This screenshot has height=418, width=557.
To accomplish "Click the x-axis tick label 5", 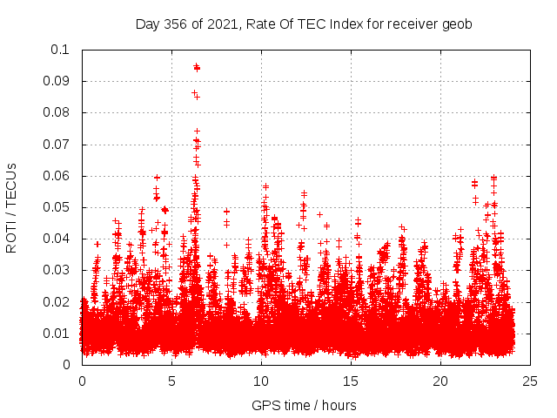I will (x=171, y=381).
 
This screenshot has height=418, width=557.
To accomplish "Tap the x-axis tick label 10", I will (x=261, y=381).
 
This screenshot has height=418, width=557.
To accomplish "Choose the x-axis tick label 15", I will (x=351, y=381).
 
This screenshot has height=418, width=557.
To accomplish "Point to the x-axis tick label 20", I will (x=440, y=381).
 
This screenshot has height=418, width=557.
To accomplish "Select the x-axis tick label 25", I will (x=530, y=381).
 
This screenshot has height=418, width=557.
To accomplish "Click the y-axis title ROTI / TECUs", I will (x=12, y=207).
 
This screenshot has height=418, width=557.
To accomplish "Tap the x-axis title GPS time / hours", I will (x=304, y=405).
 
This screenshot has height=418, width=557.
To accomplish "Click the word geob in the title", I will (x=457, y=24).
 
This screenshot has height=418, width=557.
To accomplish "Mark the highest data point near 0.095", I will (x=197, y=66).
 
